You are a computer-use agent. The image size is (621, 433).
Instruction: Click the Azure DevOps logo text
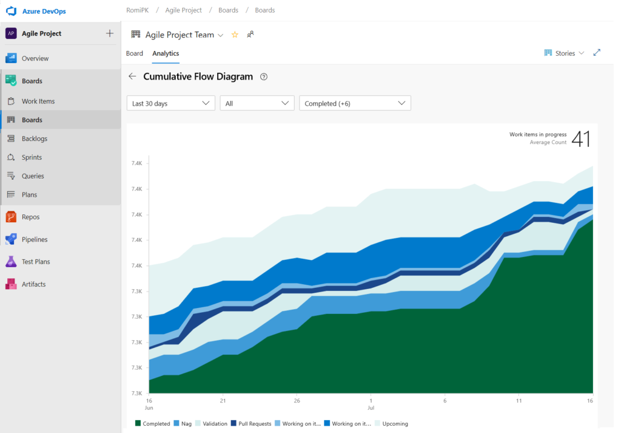pos(44,12)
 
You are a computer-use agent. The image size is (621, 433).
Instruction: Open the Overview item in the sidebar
pos(35,58)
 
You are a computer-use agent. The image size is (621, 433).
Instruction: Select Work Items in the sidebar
pos(38,101)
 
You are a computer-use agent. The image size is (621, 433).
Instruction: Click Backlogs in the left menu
pos(34,138)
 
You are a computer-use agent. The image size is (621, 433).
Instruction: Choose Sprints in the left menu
pos(32,157)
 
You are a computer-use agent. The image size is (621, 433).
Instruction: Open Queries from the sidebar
pos(33,176)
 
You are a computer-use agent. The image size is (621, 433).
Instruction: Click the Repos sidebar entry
pos(30,217)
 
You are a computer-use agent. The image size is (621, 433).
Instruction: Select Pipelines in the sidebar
pos(35,239)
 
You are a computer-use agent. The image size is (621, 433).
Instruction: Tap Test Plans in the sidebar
pos(36,262)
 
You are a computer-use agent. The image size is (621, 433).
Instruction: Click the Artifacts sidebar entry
pos(33,284)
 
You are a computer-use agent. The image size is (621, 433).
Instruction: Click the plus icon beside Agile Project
pos(110,33)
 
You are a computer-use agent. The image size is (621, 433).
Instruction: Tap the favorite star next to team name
pos(235,35)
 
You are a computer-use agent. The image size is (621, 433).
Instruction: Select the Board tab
pos(135,53)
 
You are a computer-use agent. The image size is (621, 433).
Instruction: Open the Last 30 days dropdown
pos(171,103)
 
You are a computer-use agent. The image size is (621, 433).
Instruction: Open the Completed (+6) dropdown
pos(355,103)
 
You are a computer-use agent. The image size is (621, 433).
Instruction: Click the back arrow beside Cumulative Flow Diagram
pos(132,77)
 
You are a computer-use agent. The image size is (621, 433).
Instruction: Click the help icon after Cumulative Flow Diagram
pos(264,77)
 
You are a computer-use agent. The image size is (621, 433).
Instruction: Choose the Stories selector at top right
pos(565,53)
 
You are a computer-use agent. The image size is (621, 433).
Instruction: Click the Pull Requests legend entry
pos(251,423)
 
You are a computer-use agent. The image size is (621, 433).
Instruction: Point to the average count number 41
pos(580,138)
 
